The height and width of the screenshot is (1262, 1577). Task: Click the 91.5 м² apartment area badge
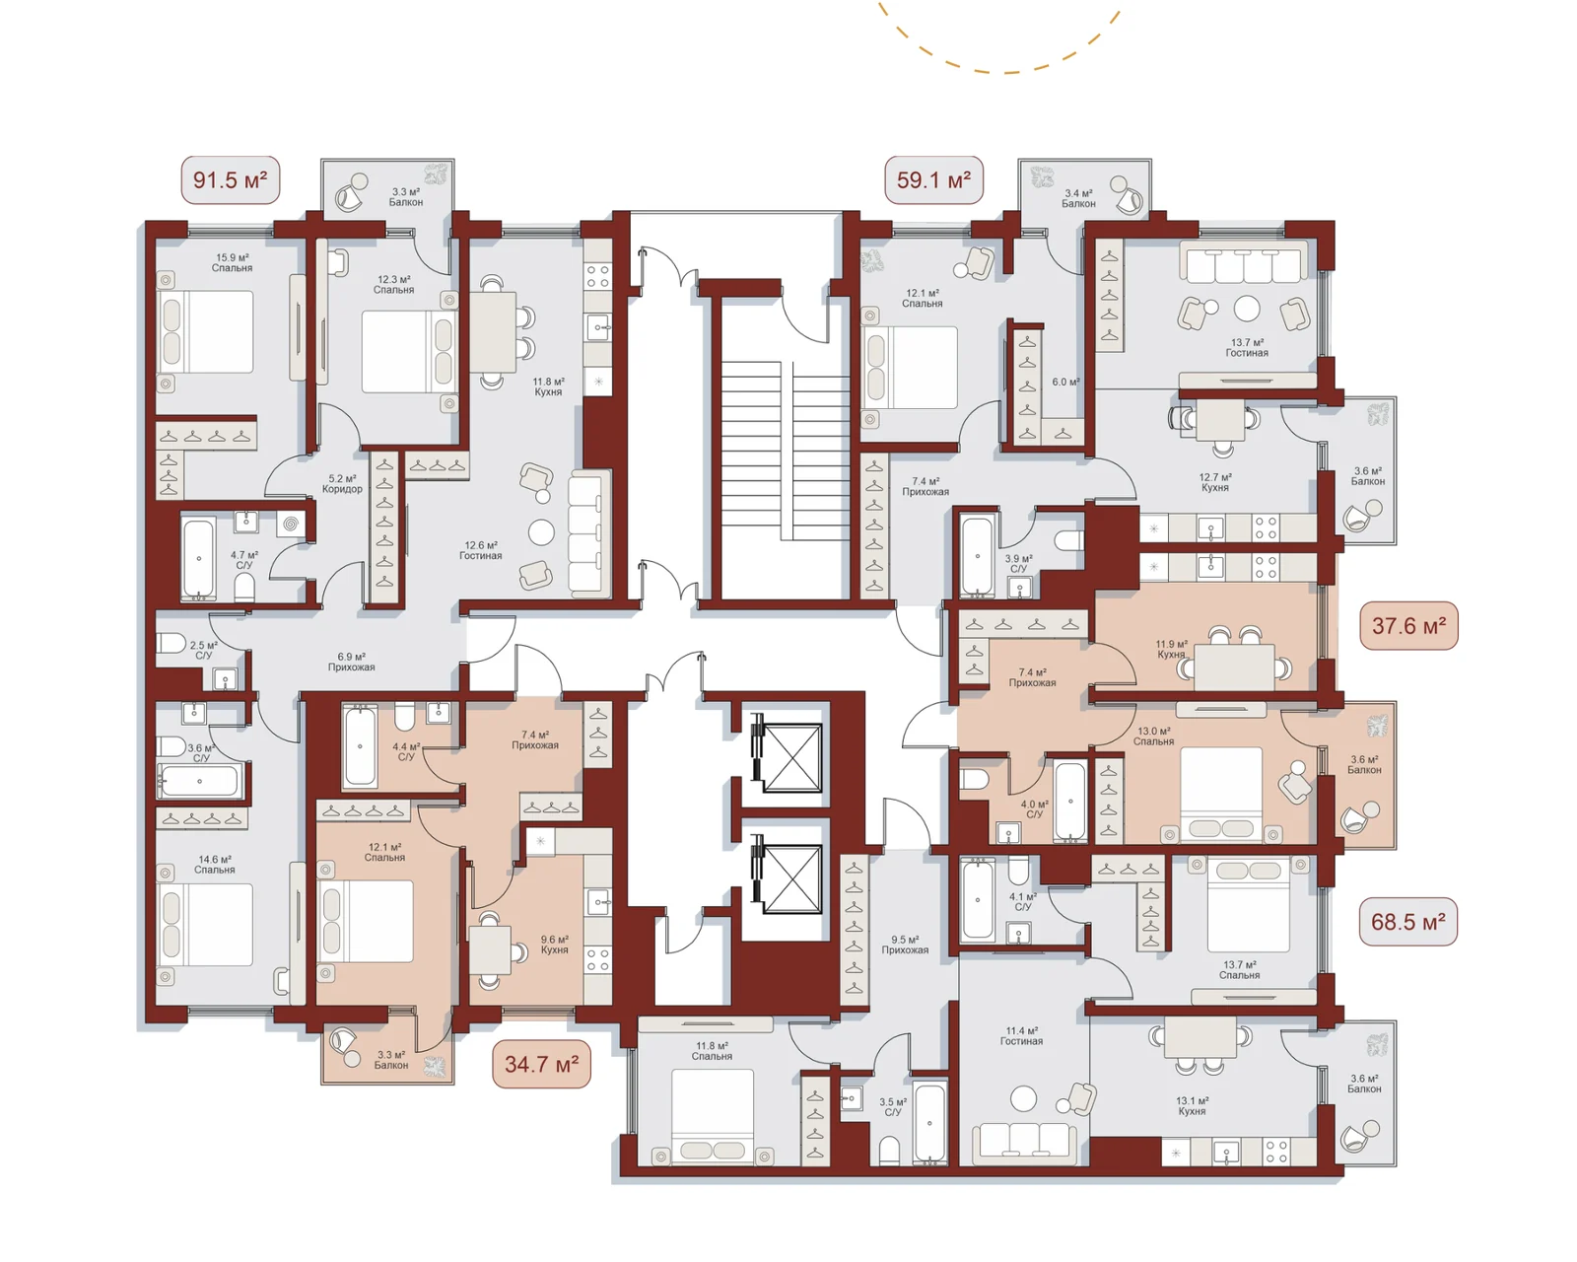(x=230, y=179)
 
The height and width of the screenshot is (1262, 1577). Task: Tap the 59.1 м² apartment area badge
(x=933, y=179)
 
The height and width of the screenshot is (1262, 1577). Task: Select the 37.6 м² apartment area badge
(x=1408, y=625)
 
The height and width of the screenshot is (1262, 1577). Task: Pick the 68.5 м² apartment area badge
(x=1407, y=922)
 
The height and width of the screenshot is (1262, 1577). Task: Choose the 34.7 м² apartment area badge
(x=541, y=1064)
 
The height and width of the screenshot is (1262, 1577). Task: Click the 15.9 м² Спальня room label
(x=233, y=262)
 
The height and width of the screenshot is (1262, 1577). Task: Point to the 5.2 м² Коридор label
(x=342, y=484)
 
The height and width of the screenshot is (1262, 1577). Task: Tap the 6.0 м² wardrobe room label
(x=1065, y=382)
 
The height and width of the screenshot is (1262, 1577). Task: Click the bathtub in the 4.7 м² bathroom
(x=198, y=559)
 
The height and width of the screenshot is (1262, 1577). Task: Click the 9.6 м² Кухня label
(x=555, y=945)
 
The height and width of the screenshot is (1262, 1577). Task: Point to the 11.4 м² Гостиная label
(x=1021, y=1035)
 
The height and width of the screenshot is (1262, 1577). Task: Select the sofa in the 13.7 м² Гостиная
(x=1244, y=262)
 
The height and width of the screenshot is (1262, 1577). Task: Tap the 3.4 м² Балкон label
(x=1078, y=199)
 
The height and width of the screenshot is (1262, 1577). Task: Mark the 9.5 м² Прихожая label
(x=905, y=945)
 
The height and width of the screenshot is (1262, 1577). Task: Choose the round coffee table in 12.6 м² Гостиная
(x=541, y=531)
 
